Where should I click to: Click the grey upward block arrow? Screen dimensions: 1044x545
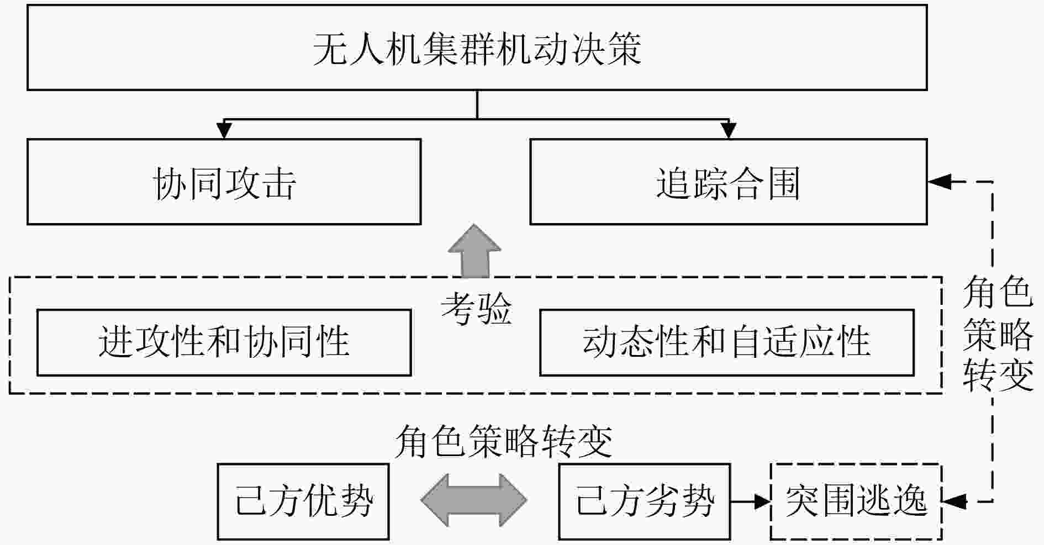(474, 251)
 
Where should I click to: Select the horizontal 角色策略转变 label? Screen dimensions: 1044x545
(504, 442)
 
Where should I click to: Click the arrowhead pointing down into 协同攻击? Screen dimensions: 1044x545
(224, 130)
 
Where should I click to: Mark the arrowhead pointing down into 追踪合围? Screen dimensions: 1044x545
(729, 130)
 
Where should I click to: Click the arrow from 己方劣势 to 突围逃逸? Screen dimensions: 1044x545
(750, 501)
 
